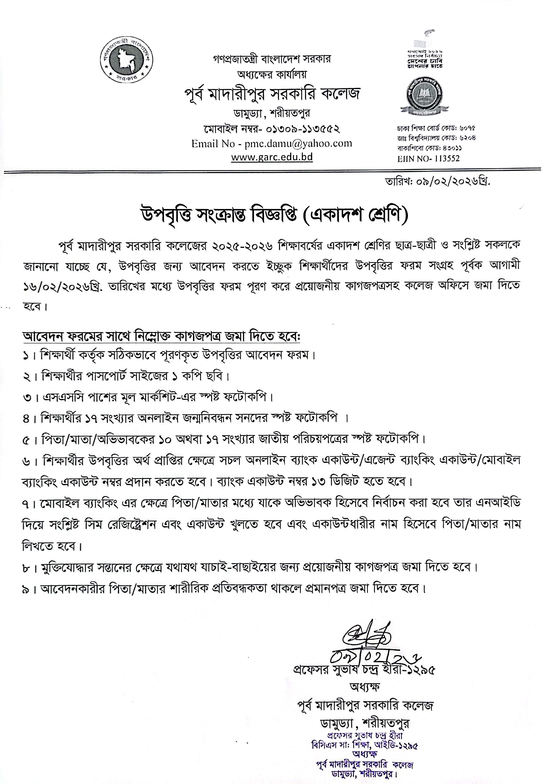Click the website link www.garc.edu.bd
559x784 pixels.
coord(272,157)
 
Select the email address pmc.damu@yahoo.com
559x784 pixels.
coord(298,143)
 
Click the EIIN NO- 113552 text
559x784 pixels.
coord(428,158)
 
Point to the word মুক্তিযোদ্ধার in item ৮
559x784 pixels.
coord(71,567)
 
